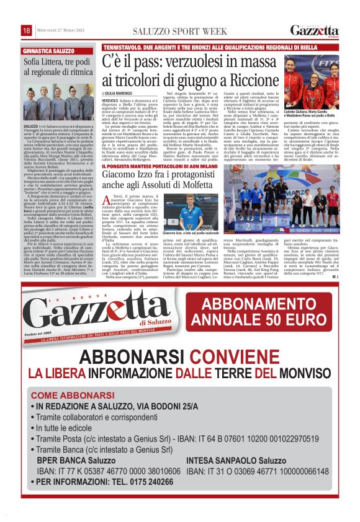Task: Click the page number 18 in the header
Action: pyautogui.click(x=27, y=31)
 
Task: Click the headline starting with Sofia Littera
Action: pyautogui.click(x=58, y=66)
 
